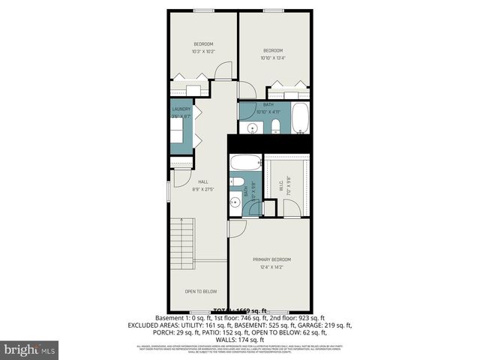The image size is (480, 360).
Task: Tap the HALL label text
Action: click(202, 181)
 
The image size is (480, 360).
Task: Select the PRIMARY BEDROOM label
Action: click(271, 259)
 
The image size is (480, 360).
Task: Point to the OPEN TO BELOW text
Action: click(201, 291)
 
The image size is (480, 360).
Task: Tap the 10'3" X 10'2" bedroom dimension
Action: click(203, 52)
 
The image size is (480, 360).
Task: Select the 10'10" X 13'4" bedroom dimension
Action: click(272, 58)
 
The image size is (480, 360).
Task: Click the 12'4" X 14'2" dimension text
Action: click(271, 267)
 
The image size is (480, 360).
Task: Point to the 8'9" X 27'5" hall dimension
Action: click(202, 189)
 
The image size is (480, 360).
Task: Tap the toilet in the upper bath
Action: click(275, 125)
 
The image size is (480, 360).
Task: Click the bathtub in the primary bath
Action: click(245, 163)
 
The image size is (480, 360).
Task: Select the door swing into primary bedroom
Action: click(236, 229)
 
